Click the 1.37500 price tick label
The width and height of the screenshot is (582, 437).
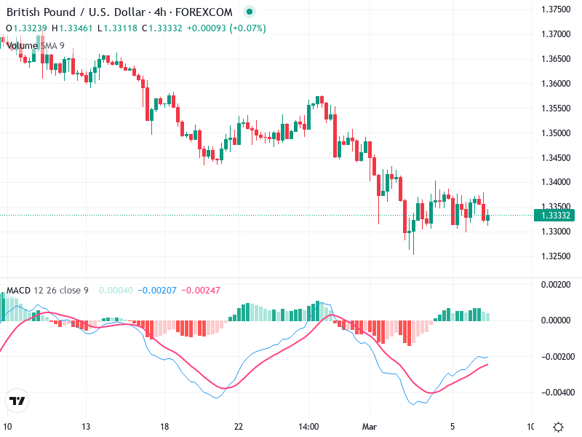pyautogui.click(x=557, y=9)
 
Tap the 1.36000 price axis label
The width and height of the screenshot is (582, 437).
pyautogui.click(x=557, y=83)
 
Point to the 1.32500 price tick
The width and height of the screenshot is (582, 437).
pyautogui.click(x=557, y=256)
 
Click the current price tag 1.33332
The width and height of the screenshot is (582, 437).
pyautogui.click(x=557, y=216)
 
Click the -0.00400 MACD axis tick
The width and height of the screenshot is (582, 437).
pyautogui.click(x=557, y=392)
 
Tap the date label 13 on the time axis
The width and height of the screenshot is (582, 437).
pyautogui.click(x=86, y=427)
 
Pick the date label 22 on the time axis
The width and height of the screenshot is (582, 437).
pyautogui.click(x=239, y=427)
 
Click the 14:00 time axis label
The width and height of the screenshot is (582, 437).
pyautogui.click(x=308, y=427)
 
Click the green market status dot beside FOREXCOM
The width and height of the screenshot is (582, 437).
pyautogui.click(x=250, y=12)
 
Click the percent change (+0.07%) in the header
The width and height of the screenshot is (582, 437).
pyautogui.click(x=247, y=28)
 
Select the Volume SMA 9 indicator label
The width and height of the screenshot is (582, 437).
pyautogui.click(x=35, y=45)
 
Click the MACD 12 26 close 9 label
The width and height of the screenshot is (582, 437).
pyautogui.click(x=47, y=291)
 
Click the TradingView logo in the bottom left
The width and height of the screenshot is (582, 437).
pyautogui.click(x=17, y=401)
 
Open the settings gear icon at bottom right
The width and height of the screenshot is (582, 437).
pyautogui.click(x=558, y=427)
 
